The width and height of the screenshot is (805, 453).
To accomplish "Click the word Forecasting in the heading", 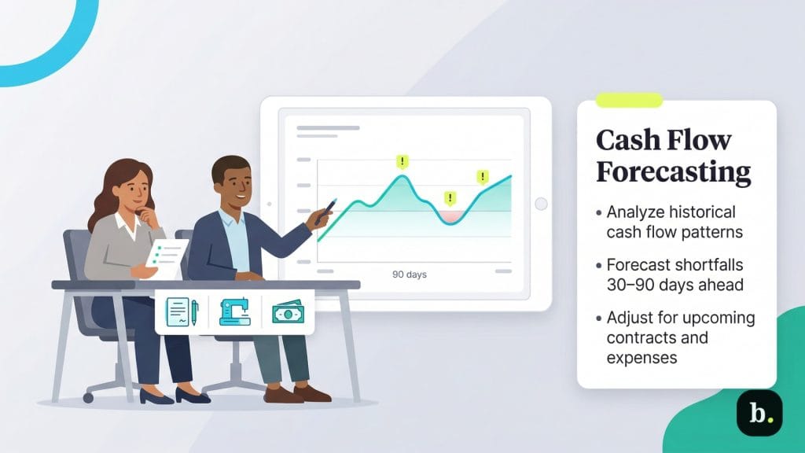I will [x=673, y=171].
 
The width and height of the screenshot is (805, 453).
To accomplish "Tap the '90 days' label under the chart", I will [x=409, y=275].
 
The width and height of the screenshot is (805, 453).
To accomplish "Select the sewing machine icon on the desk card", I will [x=235, y=311].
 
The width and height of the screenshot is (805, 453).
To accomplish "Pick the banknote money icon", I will [x=288, y=312].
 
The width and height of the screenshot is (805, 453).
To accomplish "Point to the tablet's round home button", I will [x=541, y=204].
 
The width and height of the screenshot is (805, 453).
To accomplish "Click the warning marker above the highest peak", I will [x=402, y=162].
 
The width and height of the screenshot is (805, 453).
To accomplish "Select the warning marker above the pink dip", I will [x=450, y=197].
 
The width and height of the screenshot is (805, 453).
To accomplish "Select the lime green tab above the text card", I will [x=629, y=100].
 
